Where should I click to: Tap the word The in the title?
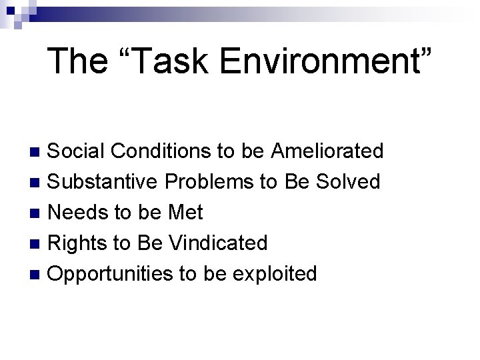click(77, 61)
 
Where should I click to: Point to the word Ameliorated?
click(327, 151)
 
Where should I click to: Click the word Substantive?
click(104, 182)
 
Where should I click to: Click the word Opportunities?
click(110, 274)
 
